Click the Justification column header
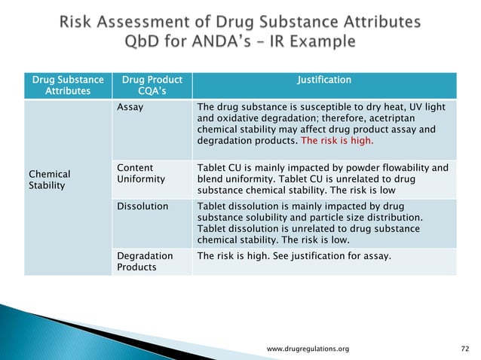pos(324,79)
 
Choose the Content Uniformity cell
pos(136,174)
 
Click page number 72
pos(464,349)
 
